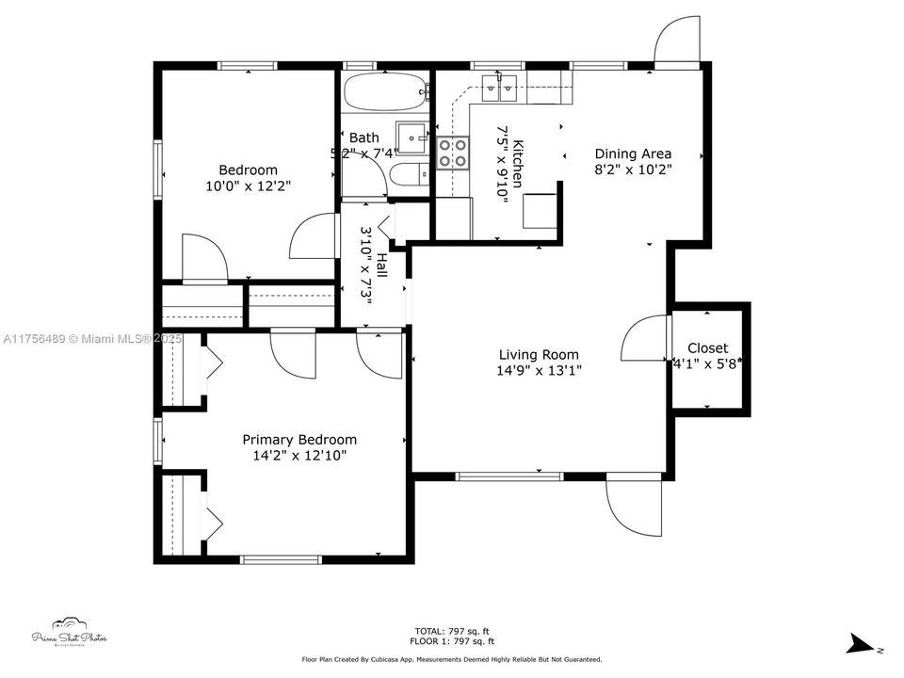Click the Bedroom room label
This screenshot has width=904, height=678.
[248, 169]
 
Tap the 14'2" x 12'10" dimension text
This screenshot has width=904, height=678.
[299, 456]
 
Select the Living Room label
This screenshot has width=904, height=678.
[539, 355]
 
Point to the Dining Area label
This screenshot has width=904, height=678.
[633, 153]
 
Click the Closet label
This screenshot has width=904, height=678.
[707, 348]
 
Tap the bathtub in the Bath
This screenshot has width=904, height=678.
[384, 92]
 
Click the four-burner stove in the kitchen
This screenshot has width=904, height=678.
[453, 153]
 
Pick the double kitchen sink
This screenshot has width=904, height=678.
[499, 90]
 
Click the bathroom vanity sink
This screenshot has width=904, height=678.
[411, 137]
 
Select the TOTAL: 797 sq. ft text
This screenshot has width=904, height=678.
[453, 631]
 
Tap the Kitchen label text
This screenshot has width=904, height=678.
[517, 164]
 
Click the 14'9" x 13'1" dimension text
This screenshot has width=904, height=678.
[540, 371]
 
